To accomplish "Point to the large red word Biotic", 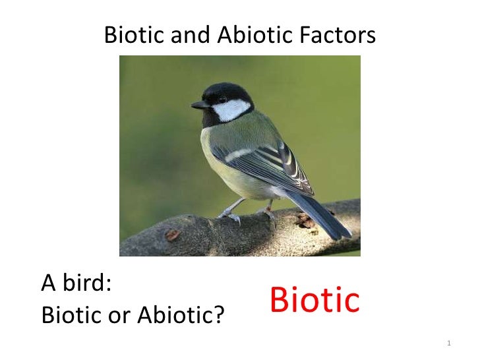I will click(315, 301).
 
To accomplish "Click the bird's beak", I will click(198, 105).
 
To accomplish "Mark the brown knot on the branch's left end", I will click(173, 234).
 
